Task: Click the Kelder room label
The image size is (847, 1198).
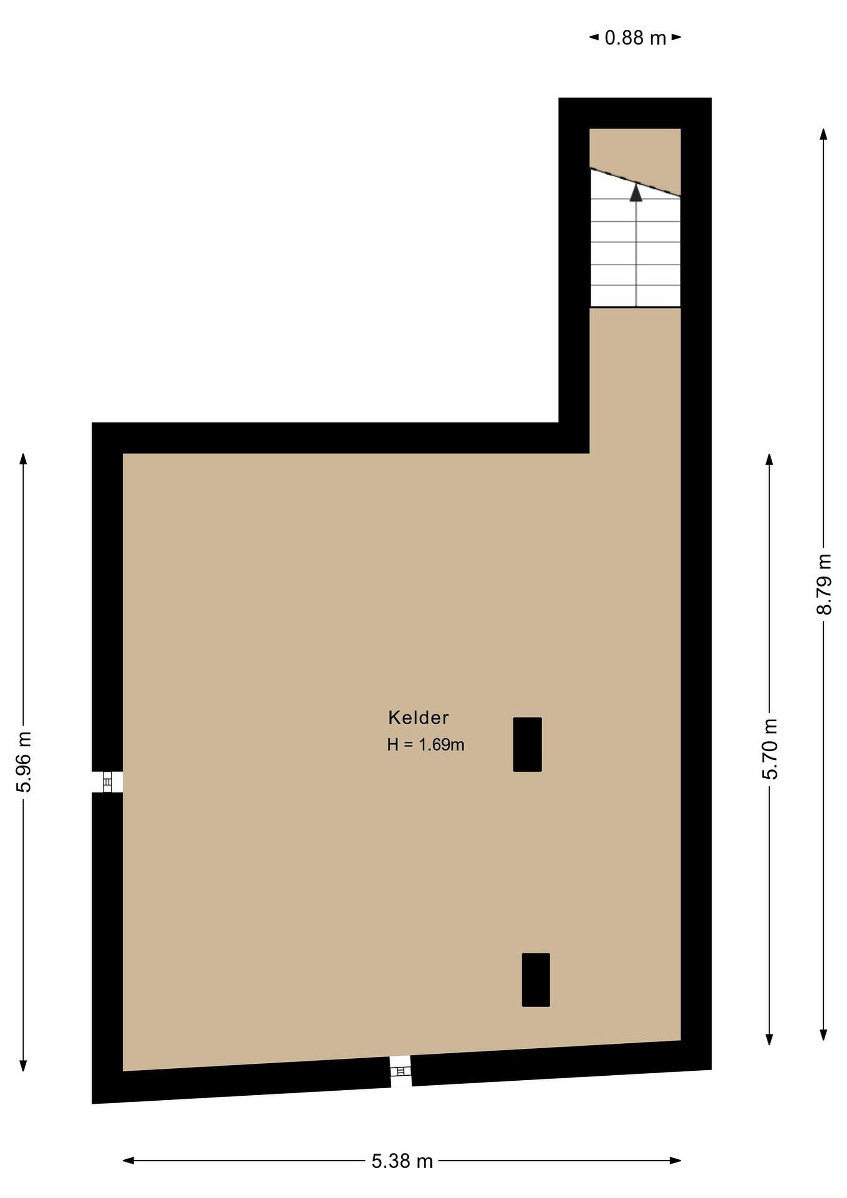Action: click(x=418, y=718)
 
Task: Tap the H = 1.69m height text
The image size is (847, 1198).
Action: click(x=426, y=745)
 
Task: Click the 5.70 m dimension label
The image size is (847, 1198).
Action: click(x=769, y=749)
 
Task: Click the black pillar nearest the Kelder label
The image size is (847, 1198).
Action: click(x=527, y=745)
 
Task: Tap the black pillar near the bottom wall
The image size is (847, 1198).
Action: click(x=536, y=980)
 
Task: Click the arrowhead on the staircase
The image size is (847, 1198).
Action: click(x=636, y=192)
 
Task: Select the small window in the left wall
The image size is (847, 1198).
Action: click(x=107, y=782)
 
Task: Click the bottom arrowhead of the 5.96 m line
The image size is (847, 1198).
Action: click(x=23, y=1065)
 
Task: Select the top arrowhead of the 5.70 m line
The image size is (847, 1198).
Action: click(x=769, y=460)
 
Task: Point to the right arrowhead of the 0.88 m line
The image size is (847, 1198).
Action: click(x=676, y=37)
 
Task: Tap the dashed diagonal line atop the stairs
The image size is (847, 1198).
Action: click(x=635, y=182)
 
